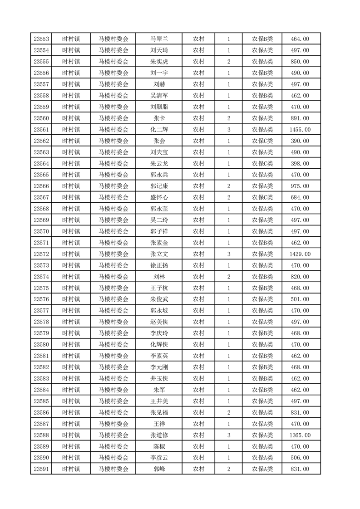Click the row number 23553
(x=41, y=39)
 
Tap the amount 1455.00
(x=300, y=130)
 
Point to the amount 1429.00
(x=300, y=254)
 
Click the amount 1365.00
(x=300, y=435)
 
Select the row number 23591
(x=41, y=469)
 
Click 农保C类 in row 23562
(x=262, y=141)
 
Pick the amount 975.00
(x=300, y=186)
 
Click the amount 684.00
(x=300, y=197)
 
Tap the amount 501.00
(x=300, y=299)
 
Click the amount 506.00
(x=300, y=458)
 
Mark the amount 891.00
(x=300, y=118)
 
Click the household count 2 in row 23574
(x=228, y=277)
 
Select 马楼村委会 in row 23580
(x=113, y=344)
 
